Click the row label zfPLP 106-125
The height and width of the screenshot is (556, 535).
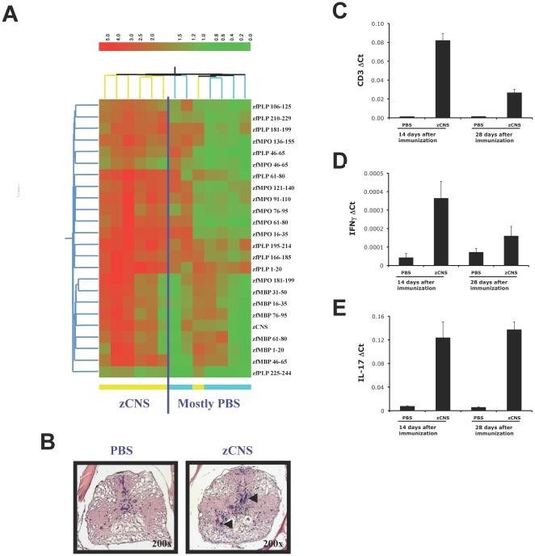click(277, 105)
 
